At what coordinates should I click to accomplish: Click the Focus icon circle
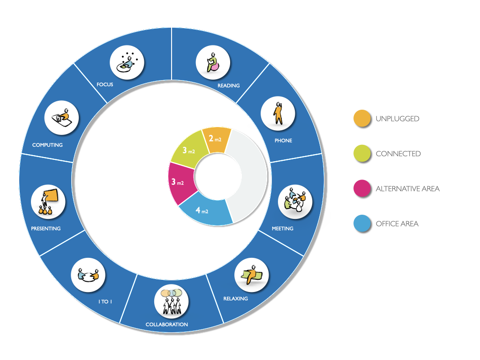127,62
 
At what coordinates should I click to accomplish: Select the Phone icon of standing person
278,114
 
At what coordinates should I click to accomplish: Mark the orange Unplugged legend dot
362,119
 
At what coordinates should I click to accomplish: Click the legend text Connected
398,154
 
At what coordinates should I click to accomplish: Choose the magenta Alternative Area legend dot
362,188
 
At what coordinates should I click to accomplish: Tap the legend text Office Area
397,224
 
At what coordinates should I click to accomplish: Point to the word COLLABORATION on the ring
167,324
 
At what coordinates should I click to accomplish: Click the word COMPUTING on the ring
47,145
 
